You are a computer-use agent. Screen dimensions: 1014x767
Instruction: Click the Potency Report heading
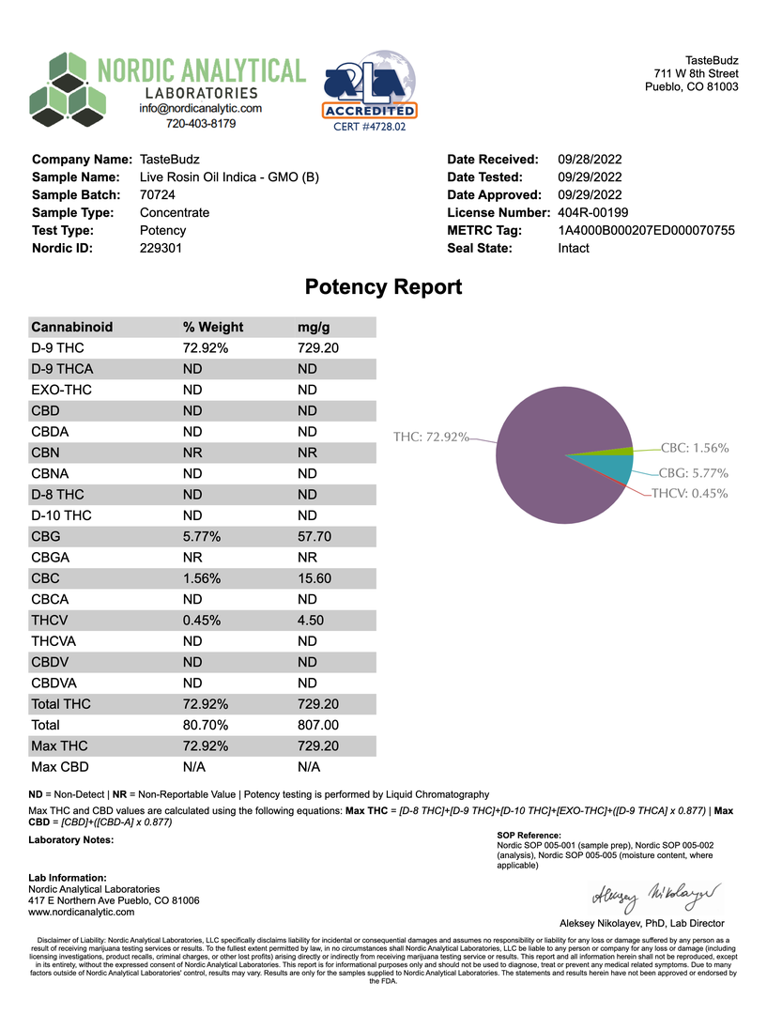pyautogui.click(x=383, y=287)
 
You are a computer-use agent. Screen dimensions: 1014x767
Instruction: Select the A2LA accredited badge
pyautogui.click(x=369, y=90)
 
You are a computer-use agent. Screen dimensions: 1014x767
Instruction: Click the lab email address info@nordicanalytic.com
pyautogui.click(x=200, y=108)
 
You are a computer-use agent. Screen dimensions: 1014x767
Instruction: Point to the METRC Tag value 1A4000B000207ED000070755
pyautogui.click(x=646, y=230)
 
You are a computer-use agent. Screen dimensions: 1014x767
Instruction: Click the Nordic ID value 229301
pyautogui.click(x=161, y=248)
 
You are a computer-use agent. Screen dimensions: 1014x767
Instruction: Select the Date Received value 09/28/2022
pyautogui.click(x=590, y=160)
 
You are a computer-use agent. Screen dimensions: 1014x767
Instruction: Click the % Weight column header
pyautogui.click(x=213, y=328)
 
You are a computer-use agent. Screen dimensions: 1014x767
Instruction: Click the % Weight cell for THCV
pyautogui.click(x=202, y=621)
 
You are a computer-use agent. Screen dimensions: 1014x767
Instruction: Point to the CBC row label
pyautogui.click(x=46, y=578)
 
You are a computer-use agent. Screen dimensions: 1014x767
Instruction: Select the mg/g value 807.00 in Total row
pyautogui.click(x=318, y=725)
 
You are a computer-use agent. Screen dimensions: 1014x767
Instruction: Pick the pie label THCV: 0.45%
pyautogui.click(x=690, y=494)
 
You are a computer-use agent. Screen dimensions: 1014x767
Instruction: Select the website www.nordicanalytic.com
pyautogui.click(x=82, y=912)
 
